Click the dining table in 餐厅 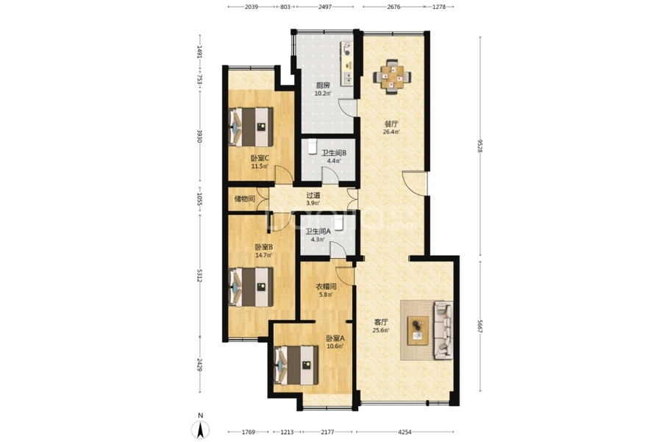pos(392,76)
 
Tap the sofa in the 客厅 pos(443,330)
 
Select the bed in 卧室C pos(251,126)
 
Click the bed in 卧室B pos(251,287)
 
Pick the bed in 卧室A pos(296,366)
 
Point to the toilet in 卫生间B pos(313,146)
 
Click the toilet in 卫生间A pos(339,223)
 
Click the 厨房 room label pos(323,85)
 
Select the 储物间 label pos(245,199)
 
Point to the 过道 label pos(313,196)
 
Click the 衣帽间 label pos(326,287)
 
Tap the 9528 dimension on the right pos(480,146)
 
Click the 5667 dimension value pos(480,327)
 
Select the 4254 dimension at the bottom pos(405,432)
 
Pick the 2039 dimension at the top pos(252,7)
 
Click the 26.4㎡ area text pos(391,132)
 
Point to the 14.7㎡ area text pos(263,255)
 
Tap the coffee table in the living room pos(418,330)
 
